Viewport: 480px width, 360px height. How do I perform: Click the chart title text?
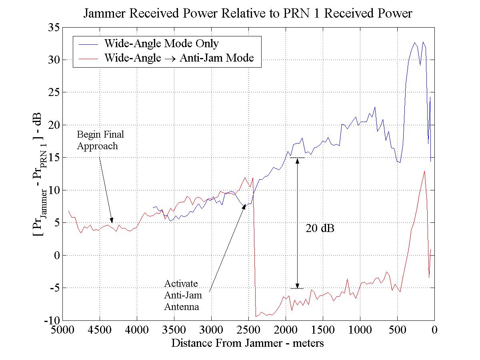[x=248, y=14]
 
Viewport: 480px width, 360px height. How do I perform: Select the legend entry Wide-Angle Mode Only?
[x=161, y=43]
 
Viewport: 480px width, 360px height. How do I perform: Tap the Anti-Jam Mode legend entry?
[x=179, y=58]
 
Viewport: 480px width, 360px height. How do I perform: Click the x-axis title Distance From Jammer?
[x=248, y=343]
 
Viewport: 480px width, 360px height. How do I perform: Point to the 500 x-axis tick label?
[x=397, y=331]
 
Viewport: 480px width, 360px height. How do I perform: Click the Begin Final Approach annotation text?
[x=100, y=140]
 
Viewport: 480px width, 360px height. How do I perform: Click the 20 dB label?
[x=320, y=228]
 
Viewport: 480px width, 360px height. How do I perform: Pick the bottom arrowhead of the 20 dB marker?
[x=297, y=286]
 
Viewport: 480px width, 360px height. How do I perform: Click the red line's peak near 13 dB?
[x=424, y=171]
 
